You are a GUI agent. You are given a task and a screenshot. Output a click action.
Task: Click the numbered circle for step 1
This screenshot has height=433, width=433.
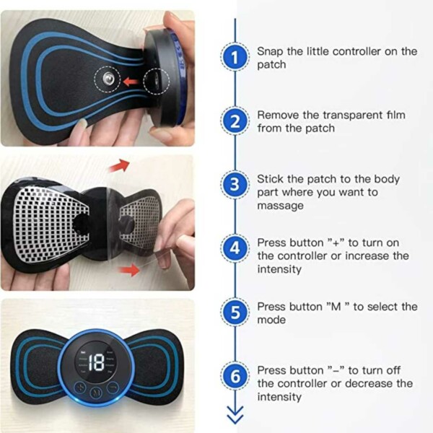tap(235, 58)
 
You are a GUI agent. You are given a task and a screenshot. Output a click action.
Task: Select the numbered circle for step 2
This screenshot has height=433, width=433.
tap(235, 121)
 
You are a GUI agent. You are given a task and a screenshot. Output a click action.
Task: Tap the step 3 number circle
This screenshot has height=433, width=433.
tap(235, 185)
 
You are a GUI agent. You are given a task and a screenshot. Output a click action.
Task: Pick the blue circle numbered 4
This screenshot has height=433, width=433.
tap(235, 248)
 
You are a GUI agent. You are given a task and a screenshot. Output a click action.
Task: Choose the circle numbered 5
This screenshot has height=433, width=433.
tap(235, 312)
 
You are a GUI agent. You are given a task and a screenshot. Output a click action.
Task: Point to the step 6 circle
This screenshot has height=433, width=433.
tap(235, 376)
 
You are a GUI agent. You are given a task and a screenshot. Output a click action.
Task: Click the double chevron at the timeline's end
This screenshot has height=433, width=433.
tap(235, 415)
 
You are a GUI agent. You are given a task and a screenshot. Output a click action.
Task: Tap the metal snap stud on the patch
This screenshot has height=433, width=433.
tap(108, 79)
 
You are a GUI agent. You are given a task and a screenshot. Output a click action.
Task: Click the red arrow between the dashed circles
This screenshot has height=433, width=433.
tap(131, 82)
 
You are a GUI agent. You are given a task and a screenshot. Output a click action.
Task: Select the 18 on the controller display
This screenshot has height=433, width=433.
tap(97, 362)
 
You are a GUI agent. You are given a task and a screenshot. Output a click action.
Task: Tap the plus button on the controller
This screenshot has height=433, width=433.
tap(80, 387)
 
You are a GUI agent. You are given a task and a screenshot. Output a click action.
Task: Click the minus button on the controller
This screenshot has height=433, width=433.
tap(113, 387)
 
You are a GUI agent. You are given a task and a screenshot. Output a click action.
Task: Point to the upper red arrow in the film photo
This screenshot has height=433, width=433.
tap(119, 165)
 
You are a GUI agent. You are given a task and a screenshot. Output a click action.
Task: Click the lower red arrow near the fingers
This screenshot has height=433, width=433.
tap(129, 269)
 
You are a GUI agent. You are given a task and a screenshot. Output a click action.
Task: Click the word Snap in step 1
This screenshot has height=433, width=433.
tap(270, 52)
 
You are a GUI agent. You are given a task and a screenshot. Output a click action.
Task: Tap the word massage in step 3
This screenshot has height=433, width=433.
tap(280, 206)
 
